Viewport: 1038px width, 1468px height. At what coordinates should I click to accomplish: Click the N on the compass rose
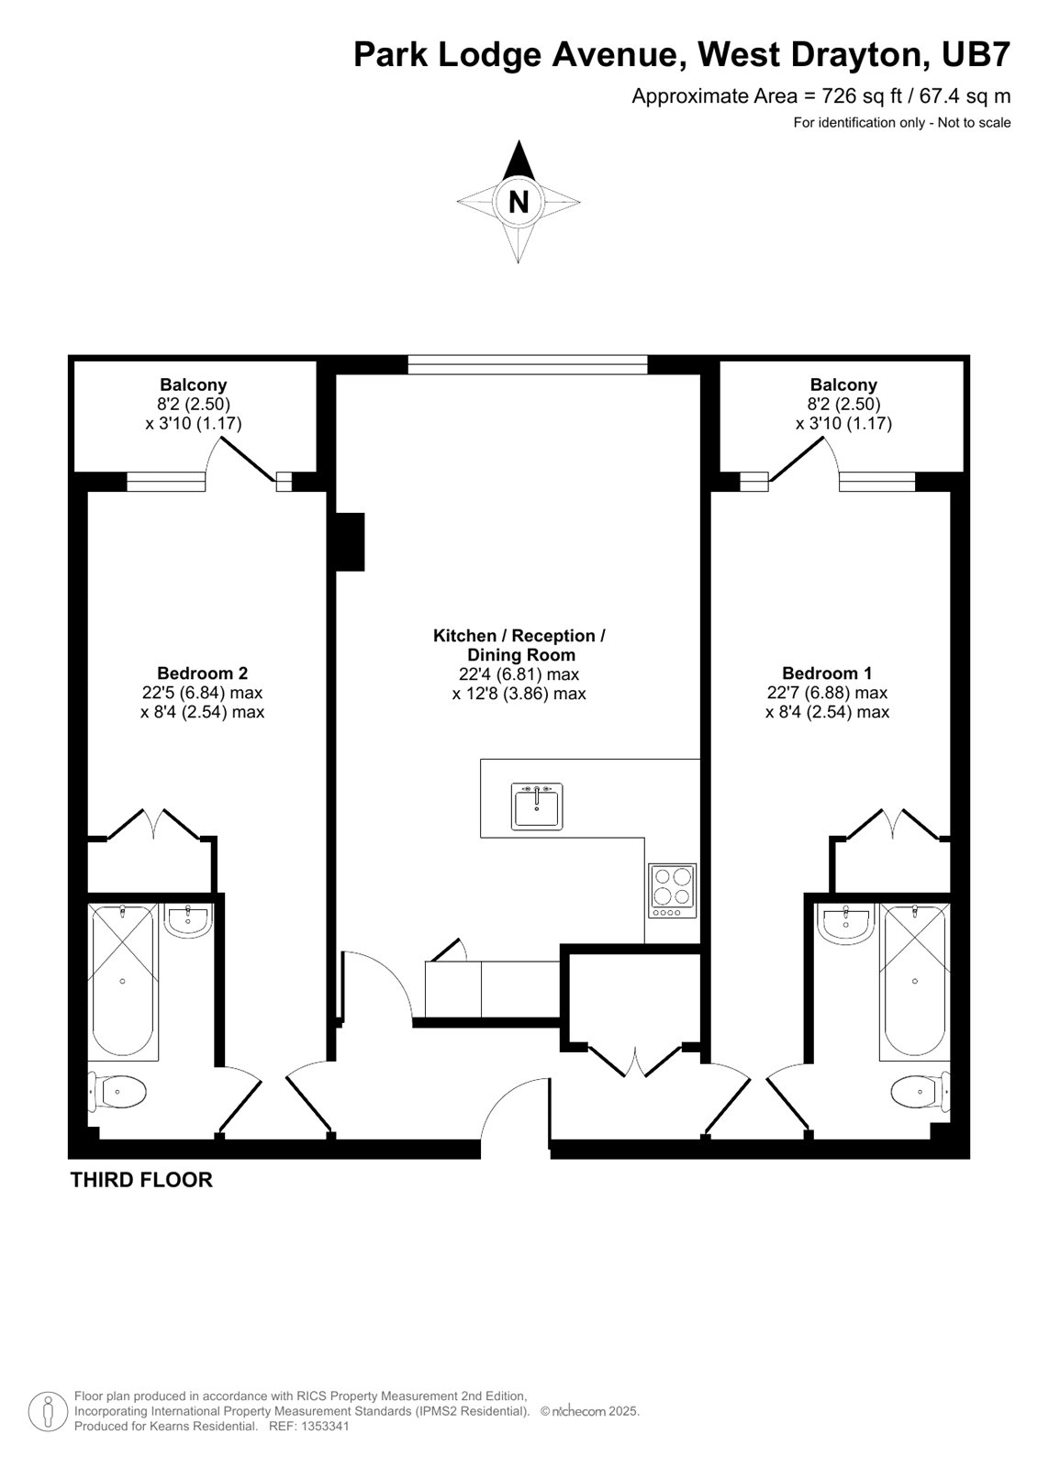pyautogui.click(x=519, y=202)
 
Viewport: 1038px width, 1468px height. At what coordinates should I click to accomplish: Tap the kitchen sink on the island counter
pyautogui.click(x=537, y=806)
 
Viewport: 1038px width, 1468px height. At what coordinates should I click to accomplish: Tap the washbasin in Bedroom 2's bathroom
pyautogui.click(x=189, y=920)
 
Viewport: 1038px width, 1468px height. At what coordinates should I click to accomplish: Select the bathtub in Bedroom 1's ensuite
pyautogui.click(x=914, y=981)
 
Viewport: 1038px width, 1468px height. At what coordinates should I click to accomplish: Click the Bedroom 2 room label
pyautogui.click(x=202, y=673)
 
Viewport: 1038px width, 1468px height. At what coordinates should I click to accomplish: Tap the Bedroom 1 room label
pyautogui.click(x=827, y=673)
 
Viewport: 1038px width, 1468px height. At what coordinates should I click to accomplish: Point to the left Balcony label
pyautogui.click(x=193, y=384)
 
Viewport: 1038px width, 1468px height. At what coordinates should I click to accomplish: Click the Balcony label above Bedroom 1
pyautogui.click(x=843, y=384)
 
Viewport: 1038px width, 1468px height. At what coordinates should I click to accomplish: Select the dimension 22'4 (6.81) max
pyautogui.click(x=519, y=674)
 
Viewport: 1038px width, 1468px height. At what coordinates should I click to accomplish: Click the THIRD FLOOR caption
pyautogui.click(x=141, y=1180)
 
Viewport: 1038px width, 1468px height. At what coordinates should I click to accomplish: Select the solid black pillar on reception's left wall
pyautogui.click(x=351, y=541)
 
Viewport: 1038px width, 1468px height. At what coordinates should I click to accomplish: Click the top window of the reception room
pyautogui.click(x=527, y=365)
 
